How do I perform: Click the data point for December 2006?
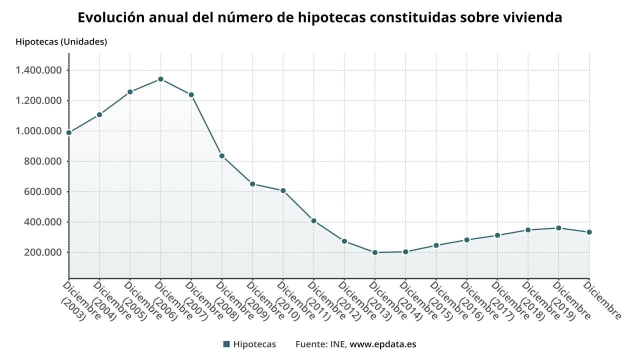160,79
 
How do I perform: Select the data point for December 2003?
69,132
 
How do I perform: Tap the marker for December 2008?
222,155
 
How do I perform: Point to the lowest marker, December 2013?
375,252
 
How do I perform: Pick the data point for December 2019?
558,228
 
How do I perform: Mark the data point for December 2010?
283,190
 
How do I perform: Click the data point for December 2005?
130,92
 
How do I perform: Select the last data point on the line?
589,232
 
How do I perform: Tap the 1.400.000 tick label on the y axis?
38,70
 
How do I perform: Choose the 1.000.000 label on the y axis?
38,131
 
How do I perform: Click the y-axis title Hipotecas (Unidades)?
61,42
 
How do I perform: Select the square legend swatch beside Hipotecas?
226,344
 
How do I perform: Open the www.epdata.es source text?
383,344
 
